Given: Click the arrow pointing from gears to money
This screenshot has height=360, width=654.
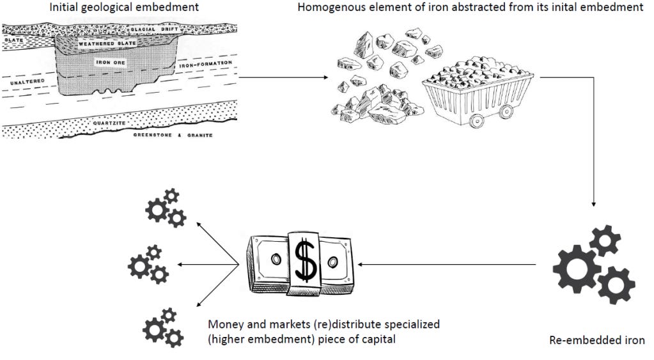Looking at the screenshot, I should coord(448,264).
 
